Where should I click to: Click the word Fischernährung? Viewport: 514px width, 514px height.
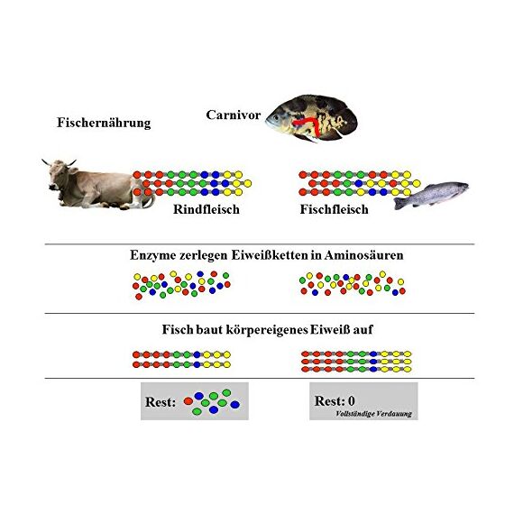pos(104,123)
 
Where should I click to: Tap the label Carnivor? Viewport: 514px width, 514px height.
pos(234,115)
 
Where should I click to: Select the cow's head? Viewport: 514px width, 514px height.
pos(60,173)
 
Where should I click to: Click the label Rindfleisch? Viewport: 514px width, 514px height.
pos(207,209)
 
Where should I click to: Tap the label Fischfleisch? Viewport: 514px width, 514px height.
pos(334,209)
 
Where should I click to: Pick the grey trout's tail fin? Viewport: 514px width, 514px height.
pos(399,204)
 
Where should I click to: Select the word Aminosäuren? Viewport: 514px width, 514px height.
pos(364,255)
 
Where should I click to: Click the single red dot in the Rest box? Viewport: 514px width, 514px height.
pos(188,401)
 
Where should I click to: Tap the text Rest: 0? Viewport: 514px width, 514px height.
pos(335,400)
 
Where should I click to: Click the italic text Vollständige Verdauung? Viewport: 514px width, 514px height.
pos(373,414)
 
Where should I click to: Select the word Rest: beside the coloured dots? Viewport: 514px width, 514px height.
pos(161,402)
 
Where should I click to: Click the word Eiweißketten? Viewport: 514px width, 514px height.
pos(270,255)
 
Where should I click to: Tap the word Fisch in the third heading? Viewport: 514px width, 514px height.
pos(178,329)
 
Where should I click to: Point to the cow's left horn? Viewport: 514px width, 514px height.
pos(47,162)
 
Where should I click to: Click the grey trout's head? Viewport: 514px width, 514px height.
pos(461,188)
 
